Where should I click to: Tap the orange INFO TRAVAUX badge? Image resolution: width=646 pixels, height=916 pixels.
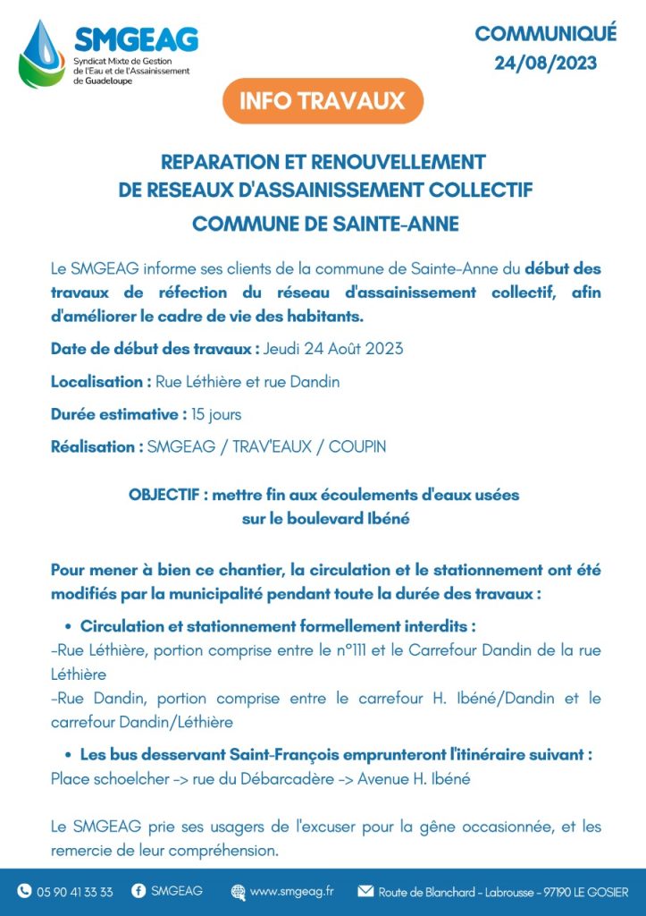(x=323, y=100)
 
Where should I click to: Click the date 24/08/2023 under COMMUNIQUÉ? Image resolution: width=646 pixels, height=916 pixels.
(x=546, y=64)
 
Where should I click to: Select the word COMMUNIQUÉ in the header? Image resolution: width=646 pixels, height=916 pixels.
(x=546, y=34)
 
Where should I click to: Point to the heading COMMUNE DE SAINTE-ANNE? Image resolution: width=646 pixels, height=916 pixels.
(x=325, y=223)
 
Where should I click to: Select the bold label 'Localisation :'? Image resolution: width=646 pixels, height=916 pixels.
(x=101, y=381)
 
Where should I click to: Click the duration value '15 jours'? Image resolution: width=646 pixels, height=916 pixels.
(x=216, y=414)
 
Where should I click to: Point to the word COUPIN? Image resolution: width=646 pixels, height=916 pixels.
(x=357, y=446)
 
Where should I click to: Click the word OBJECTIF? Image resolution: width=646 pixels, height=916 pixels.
(x=164, y=494)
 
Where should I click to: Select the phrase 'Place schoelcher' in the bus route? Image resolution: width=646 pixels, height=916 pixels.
(x=110, y=778)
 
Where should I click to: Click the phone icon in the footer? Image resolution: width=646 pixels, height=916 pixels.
(x=24, y=891)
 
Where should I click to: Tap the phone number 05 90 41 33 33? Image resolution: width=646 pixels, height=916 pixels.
(x=75, y=892)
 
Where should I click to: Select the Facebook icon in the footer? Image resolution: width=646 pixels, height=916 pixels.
(x=138, y=891)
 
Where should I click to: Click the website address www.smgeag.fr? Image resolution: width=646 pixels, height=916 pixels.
(x=292, y=892)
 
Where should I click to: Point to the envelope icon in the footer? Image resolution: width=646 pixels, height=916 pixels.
(x=365, y=891)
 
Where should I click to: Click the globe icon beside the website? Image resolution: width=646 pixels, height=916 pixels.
(x=238, y=892)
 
